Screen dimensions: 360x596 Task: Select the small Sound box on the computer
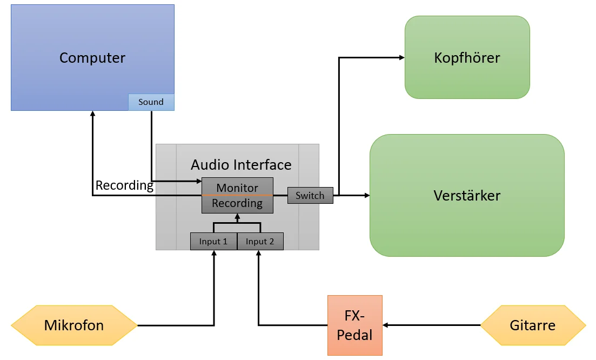tap(151, 102)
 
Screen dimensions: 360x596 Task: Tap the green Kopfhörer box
tap(467, 57)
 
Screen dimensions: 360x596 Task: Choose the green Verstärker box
tap(467, 195)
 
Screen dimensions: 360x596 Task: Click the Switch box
tap(310, 196)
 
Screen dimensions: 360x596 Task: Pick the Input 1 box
tap(213, 242)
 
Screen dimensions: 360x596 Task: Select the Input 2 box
tap(260, 242)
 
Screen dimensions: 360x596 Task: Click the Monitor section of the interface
tap(237, 187)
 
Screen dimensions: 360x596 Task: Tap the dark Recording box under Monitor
tap(237, 204)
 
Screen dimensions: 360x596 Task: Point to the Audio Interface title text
tap(241, 165)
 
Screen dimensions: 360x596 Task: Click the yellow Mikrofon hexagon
tap(74, 325)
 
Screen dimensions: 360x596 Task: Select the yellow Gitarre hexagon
tap(532, 325)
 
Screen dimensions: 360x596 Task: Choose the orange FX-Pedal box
tap(354, 325)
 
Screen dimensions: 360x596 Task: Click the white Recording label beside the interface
tap(124, 185)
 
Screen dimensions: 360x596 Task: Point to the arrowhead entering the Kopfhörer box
tap(401, 57)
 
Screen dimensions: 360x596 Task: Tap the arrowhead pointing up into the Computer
tap(93, 115)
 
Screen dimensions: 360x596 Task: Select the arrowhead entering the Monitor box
tap(198, 181)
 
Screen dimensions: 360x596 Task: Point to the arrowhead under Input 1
tap(214, 254)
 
